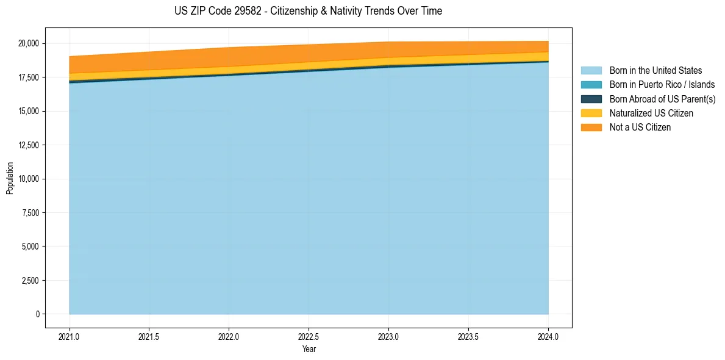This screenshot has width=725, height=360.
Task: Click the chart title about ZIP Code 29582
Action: point(308,11)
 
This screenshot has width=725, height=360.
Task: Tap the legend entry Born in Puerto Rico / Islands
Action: point(662,85)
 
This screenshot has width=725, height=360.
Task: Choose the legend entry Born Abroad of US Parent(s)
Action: point(662,99)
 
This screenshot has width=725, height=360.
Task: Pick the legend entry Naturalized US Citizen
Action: point(651,113)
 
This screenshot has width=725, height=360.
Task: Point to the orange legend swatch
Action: point(591,128)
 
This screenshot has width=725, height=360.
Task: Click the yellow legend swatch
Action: point(591,113)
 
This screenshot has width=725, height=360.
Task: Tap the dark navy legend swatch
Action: point(591,99)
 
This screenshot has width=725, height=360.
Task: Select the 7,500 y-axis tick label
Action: point(30,213)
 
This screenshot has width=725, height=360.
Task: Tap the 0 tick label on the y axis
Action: point(37,314)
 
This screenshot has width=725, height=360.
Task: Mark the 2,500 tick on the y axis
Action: point(30,281)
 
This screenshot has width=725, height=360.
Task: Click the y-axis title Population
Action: point(10,178)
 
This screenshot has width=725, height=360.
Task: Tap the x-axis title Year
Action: point(309,350)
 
